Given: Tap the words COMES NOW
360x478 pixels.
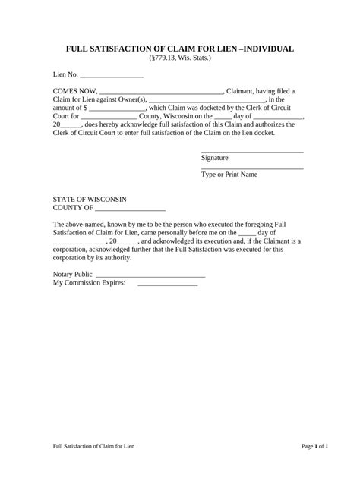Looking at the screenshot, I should coord(74,91).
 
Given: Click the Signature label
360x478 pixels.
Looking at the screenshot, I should coord(215,158).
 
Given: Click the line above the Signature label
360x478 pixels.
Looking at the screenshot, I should coord(251,153).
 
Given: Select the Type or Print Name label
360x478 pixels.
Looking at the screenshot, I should coord(229,175).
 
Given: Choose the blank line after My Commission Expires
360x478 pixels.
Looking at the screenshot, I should coord(167,285).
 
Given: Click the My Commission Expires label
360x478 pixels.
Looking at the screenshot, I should coord(89,283).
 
